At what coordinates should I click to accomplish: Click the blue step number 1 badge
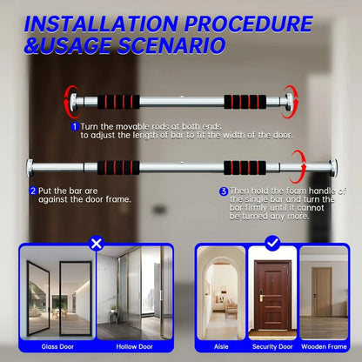pos(75,126)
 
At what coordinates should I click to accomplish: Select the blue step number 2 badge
pos(33,190)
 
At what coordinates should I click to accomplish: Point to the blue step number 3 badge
pos(224,190)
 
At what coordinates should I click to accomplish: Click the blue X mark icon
pos(96,244)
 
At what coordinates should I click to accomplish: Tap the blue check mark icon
pos(271,244)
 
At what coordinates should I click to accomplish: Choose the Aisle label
pos(220,345)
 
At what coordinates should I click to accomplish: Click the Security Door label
pos(271,345)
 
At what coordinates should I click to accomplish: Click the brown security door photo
pos(271,296)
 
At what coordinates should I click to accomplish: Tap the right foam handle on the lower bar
pos(267,167)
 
